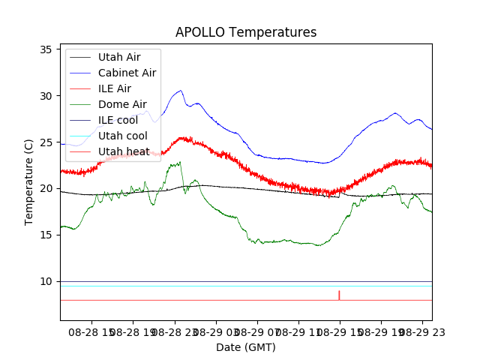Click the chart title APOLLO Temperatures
pyautogui.click(x=246, y=32)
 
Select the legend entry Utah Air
pyautogui.click(x=119, y=57)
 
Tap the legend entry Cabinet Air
pyautogui.click(x=127, y=73)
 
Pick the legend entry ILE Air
pyautogui.click(x=114, y=88)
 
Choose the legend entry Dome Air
pyautogui.click(x=122, y=104)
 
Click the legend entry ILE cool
pyautogui.click(x=118, y=120)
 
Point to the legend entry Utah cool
pyautogui.click(x=122, y=136)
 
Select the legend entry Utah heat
pyautogui.click(x=122, y=151)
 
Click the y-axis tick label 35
pyautogui.click(x=46, y=49)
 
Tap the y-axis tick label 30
pyautogui.click(x=46, y=96)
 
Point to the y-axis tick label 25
pyautogui.click(x=46, y=142)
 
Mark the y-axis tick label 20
pyautogui.click(x=46, y=189)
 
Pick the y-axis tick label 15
pyautogui.click(x=46, y=235)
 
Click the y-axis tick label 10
pyautogui.click(x=46, y=282)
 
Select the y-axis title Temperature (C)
pyautogui.click(x=29, y=182)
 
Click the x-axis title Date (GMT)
pyautogui.click(x=246, y=347)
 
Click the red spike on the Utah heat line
pyautogui.click(x=339, y=295)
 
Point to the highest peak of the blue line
pyautogui.click(x=180, y=91)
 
